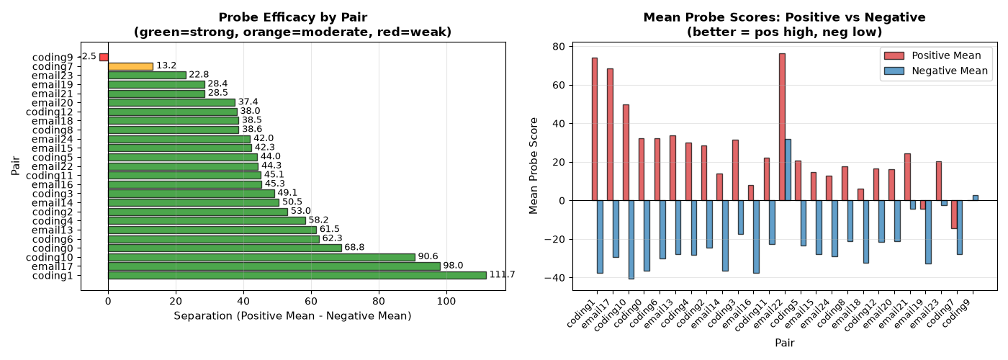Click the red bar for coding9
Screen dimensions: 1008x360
pos(104,57)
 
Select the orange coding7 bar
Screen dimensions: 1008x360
pos(130,66)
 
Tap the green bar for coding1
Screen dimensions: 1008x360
pos(297,275)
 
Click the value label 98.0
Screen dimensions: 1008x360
pos(453,266)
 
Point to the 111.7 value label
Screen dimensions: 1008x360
pos(503,274)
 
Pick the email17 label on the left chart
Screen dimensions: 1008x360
pos(52,266)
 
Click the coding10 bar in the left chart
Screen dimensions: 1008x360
pos(262,258)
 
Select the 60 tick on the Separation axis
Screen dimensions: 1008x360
pos(311,301)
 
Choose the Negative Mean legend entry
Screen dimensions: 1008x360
pos(936,71)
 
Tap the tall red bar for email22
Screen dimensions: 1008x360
pos(782,127)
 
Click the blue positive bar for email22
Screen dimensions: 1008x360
pos(788,170)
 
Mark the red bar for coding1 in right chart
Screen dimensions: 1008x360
pos(595,129)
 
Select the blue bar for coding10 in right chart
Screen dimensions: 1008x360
pos(631,240)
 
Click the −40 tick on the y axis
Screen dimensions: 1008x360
pos(555,278)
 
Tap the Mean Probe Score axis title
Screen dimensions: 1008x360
pos(534,166)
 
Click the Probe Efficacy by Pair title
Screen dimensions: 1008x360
pos(293,17)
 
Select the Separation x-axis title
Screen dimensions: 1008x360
pos(292,316)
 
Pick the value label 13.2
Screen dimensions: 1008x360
pos(166,66)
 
